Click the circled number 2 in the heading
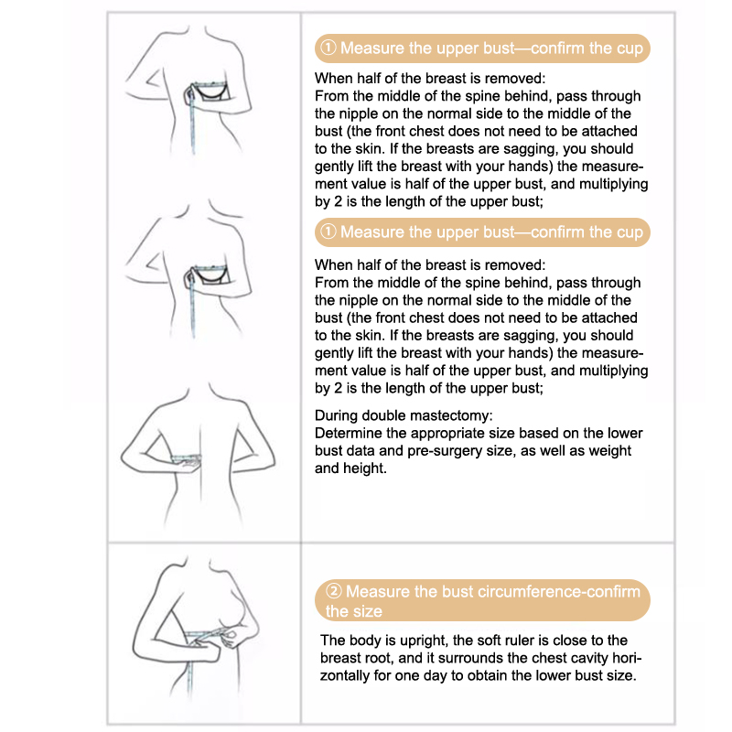[335, 592]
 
